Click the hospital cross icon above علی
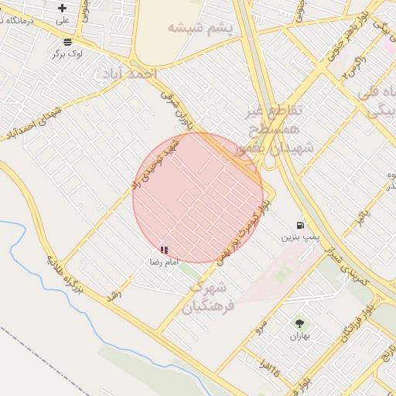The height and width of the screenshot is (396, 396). [x=63, y=8]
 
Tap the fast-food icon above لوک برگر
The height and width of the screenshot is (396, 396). [x=68, y=41]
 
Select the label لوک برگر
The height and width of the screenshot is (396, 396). [x=67, y=53]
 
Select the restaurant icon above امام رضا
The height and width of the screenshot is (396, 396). [x=164, y=250]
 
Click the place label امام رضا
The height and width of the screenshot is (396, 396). [x=164, y=263]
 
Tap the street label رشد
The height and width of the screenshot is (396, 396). [x=115, y=297]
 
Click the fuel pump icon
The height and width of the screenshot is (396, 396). [x=299, y=225]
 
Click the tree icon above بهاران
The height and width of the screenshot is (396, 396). [x=299, y=323]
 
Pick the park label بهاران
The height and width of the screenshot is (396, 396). [x=299, y=336]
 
